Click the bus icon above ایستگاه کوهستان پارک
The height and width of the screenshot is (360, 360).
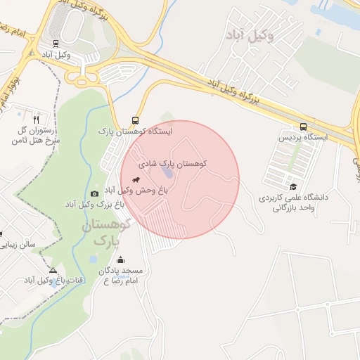point(135,120)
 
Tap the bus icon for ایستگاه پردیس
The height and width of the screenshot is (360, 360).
point(303,127)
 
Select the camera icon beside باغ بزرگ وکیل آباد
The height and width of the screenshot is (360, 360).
point(95,193)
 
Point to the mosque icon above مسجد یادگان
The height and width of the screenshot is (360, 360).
point(120,259)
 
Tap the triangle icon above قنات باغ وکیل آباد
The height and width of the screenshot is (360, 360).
point(53,270)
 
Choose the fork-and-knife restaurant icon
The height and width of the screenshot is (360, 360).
point(37,120)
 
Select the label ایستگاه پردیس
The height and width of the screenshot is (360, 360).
point(305,138)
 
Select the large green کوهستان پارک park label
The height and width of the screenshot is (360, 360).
point(107,233)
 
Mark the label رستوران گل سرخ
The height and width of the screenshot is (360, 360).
point(35,136)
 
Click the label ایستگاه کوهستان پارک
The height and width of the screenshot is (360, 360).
point(135,131)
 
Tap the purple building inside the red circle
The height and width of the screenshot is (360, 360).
point(167,173)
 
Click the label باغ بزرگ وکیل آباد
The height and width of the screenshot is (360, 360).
point(94,204)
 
